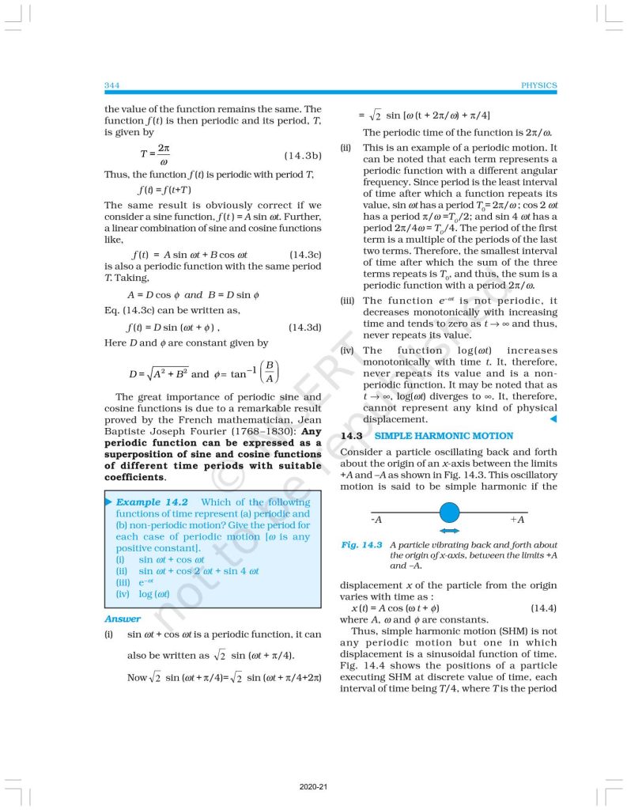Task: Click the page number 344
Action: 111,85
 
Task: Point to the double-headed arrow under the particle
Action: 450,531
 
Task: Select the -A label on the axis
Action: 376,520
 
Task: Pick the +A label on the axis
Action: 518,520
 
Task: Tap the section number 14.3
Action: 350,436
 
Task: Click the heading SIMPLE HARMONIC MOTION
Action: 444,436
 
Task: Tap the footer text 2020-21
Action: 313,788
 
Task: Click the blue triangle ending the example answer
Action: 553,418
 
